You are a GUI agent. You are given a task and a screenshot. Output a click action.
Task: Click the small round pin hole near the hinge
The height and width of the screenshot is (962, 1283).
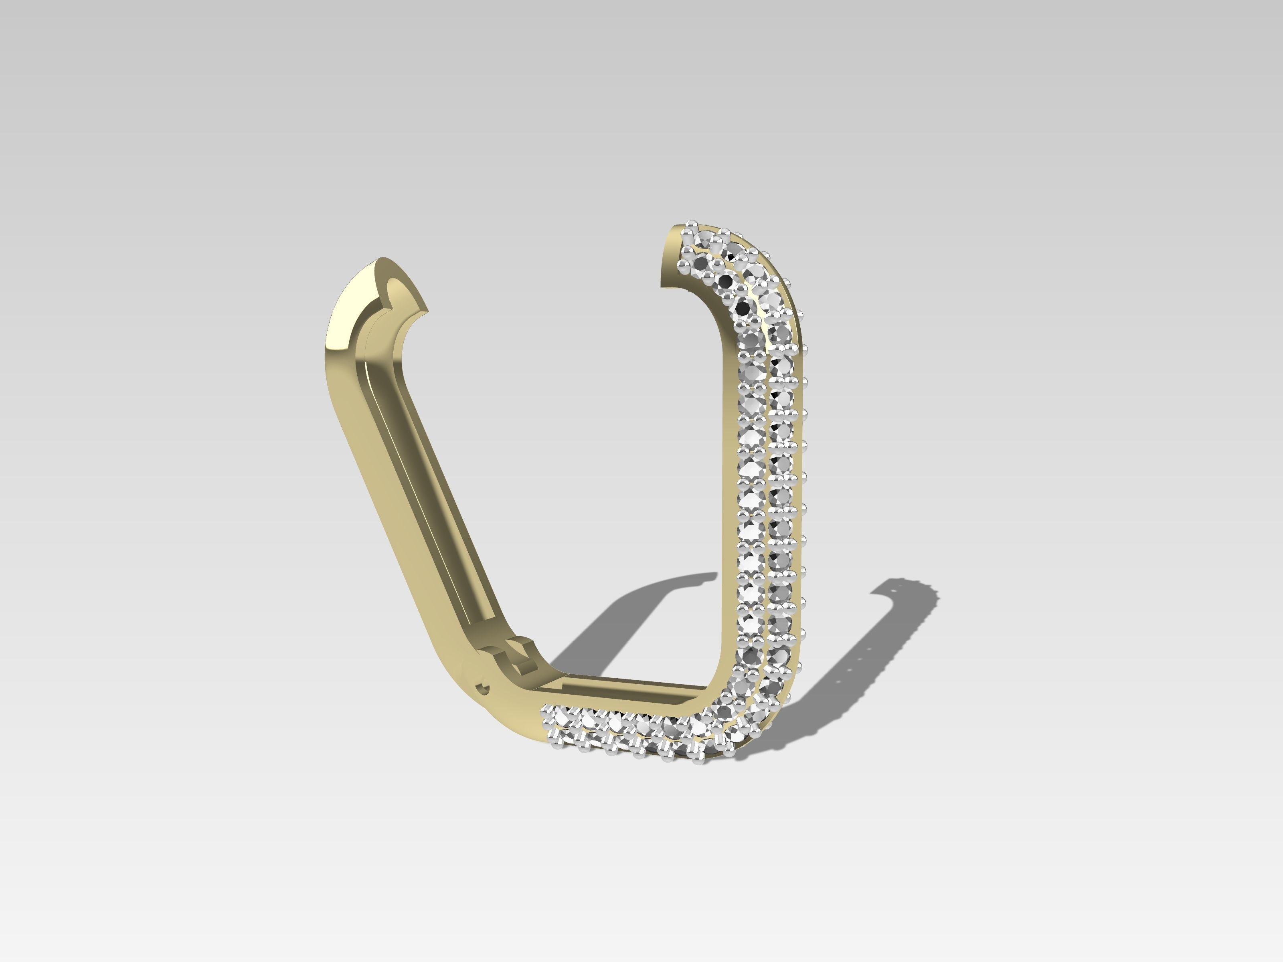click(x=482, y=689)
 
